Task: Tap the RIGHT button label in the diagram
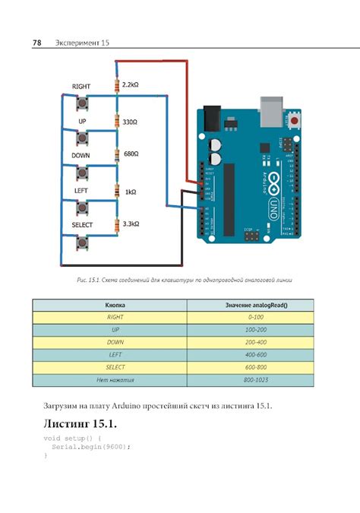(x=81, y=87)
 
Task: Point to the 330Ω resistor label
(x=131, y=121)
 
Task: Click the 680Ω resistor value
(x=131, y=154)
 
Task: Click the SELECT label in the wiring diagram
(x=82, y=226)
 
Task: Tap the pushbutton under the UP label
(x=82, y=138)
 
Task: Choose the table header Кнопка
(x=115, y=304)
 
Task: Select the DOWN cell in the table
(x=115, y=342)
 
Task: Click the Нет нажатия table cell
(x=115, y=379)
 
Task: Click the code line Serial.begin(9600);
(x=90, y=447)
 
